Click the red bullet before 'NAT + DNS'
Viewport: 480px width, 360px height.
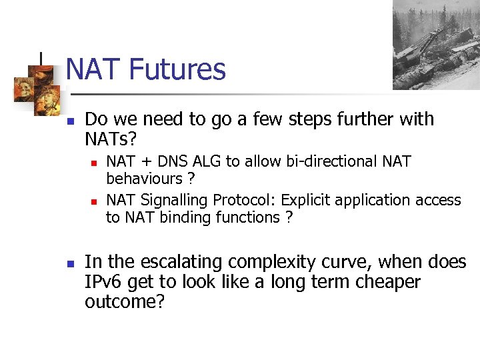[94, 163]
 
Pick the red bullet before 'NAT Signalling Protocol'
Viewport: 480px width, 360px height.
[94, 201]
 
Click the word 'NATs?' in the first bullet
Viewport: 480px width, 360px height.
[111, 139]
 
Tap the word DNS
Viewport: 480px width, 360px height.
[171, 162]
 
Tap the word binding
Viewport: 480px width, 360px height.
[179, 217]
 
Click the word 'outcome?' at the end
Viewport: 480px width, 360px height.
[125, 301]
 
